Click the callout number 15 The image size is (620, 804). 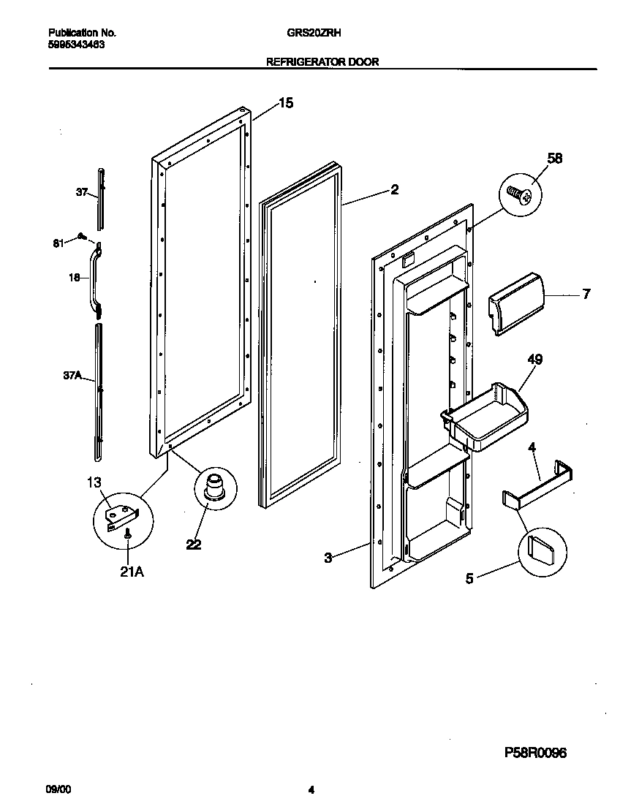285,103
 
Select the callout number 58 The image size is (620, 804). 555,158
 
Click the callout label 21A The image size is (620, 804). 132,572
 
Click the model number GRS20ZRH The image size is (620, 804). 320,33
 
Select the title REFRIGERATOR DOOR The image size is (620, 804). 322,62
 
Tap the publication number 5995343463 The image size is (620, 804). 75,44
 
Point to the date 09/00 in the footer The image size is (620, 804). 58,789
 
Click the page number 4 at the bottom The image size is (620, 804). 311,789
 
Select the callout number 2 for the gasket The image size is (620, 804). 394,189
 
